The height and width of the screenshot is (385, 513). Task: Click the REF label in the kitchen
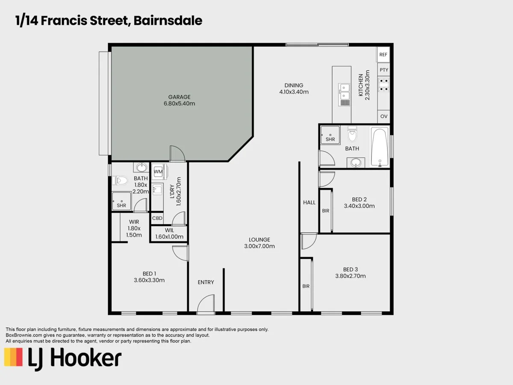(383, 54)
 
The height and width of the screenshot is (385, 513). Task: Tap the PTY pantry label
(383, 70)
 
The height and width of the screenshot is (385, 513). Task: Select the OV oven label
(383, 116)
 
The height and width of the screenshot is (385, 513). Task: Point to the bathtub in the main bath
(380, 147)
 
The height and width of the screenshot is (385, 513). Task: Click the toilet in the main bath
(352, 134)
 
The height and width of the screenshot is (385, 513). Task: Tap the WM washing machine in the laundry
(158, 172)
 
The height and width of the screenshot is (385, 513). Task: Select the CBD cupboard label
(157, 218)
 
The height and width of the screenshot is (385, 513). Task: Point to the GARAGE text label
(179, 97)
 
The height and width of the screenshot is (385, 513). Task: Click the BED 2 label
(359, 199)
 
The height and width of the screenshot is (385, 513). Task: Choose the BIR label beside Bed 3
(306, 286)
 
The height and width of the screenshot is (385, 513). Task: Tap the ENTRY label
(206, 282)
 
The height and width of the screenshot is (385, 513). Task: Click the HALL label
(309, 202)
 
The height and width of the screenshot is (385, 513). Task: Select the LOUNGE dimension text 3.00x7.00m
(259, 246)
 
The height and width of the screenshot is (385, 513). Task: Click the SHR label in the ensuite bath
(121, 205)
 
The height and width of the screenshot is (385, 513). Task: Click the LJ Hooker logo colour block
(13, 357)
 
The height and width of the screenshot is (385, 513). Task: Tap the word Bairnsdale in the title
(168, 21)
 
